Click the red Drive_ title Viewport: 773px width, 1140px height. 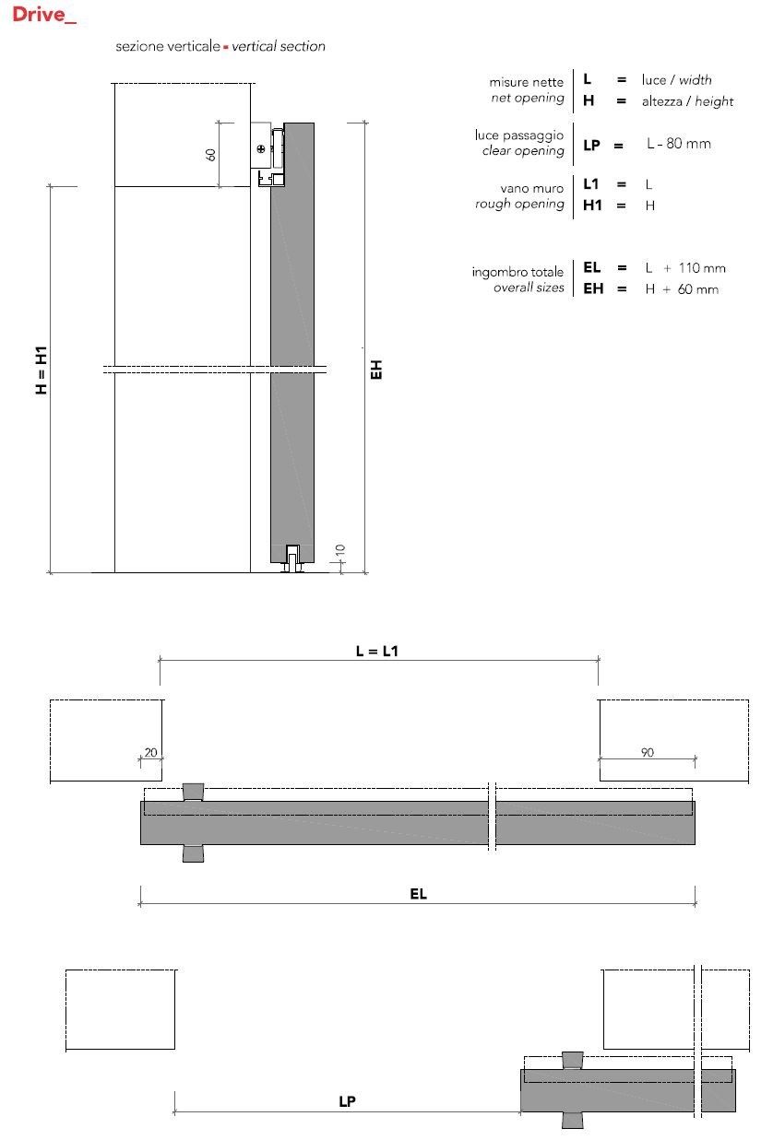[44, 16]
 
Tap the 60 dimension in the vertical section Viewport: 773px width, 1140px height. [210, 154]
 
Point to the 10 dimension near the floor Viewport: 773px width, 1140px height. [339, 551]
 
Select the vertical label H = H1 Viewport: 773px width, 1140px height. [41, 371]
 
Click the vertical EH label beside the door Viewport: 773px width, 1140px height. [376, 370]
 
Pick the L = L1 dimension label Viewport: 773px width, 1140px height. [377, 651]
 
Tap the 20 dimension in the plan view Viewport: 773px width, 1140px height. [149, 752]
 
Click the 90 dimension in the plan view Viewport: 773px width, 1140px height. [647, 752]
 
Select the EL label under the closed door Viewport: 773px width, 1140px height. [418, 894]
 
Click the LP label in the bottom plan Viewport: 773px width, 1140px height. [347, 1101]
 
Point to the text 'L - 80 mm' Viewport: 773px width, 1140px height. [678, 144]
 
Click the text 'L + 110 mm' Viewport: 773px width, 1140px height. [684, 268]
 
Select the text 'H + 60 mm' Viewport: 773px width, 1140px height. [681, 289]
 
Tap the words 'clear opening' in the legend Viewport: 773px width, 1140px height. [523, 151]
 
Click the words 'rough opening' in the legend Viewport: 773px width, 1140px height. [519, 205]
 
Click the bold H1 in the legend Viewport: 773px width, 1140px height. [592, 206]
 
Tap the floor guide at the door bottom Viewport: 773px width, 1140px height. [293, 560]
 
